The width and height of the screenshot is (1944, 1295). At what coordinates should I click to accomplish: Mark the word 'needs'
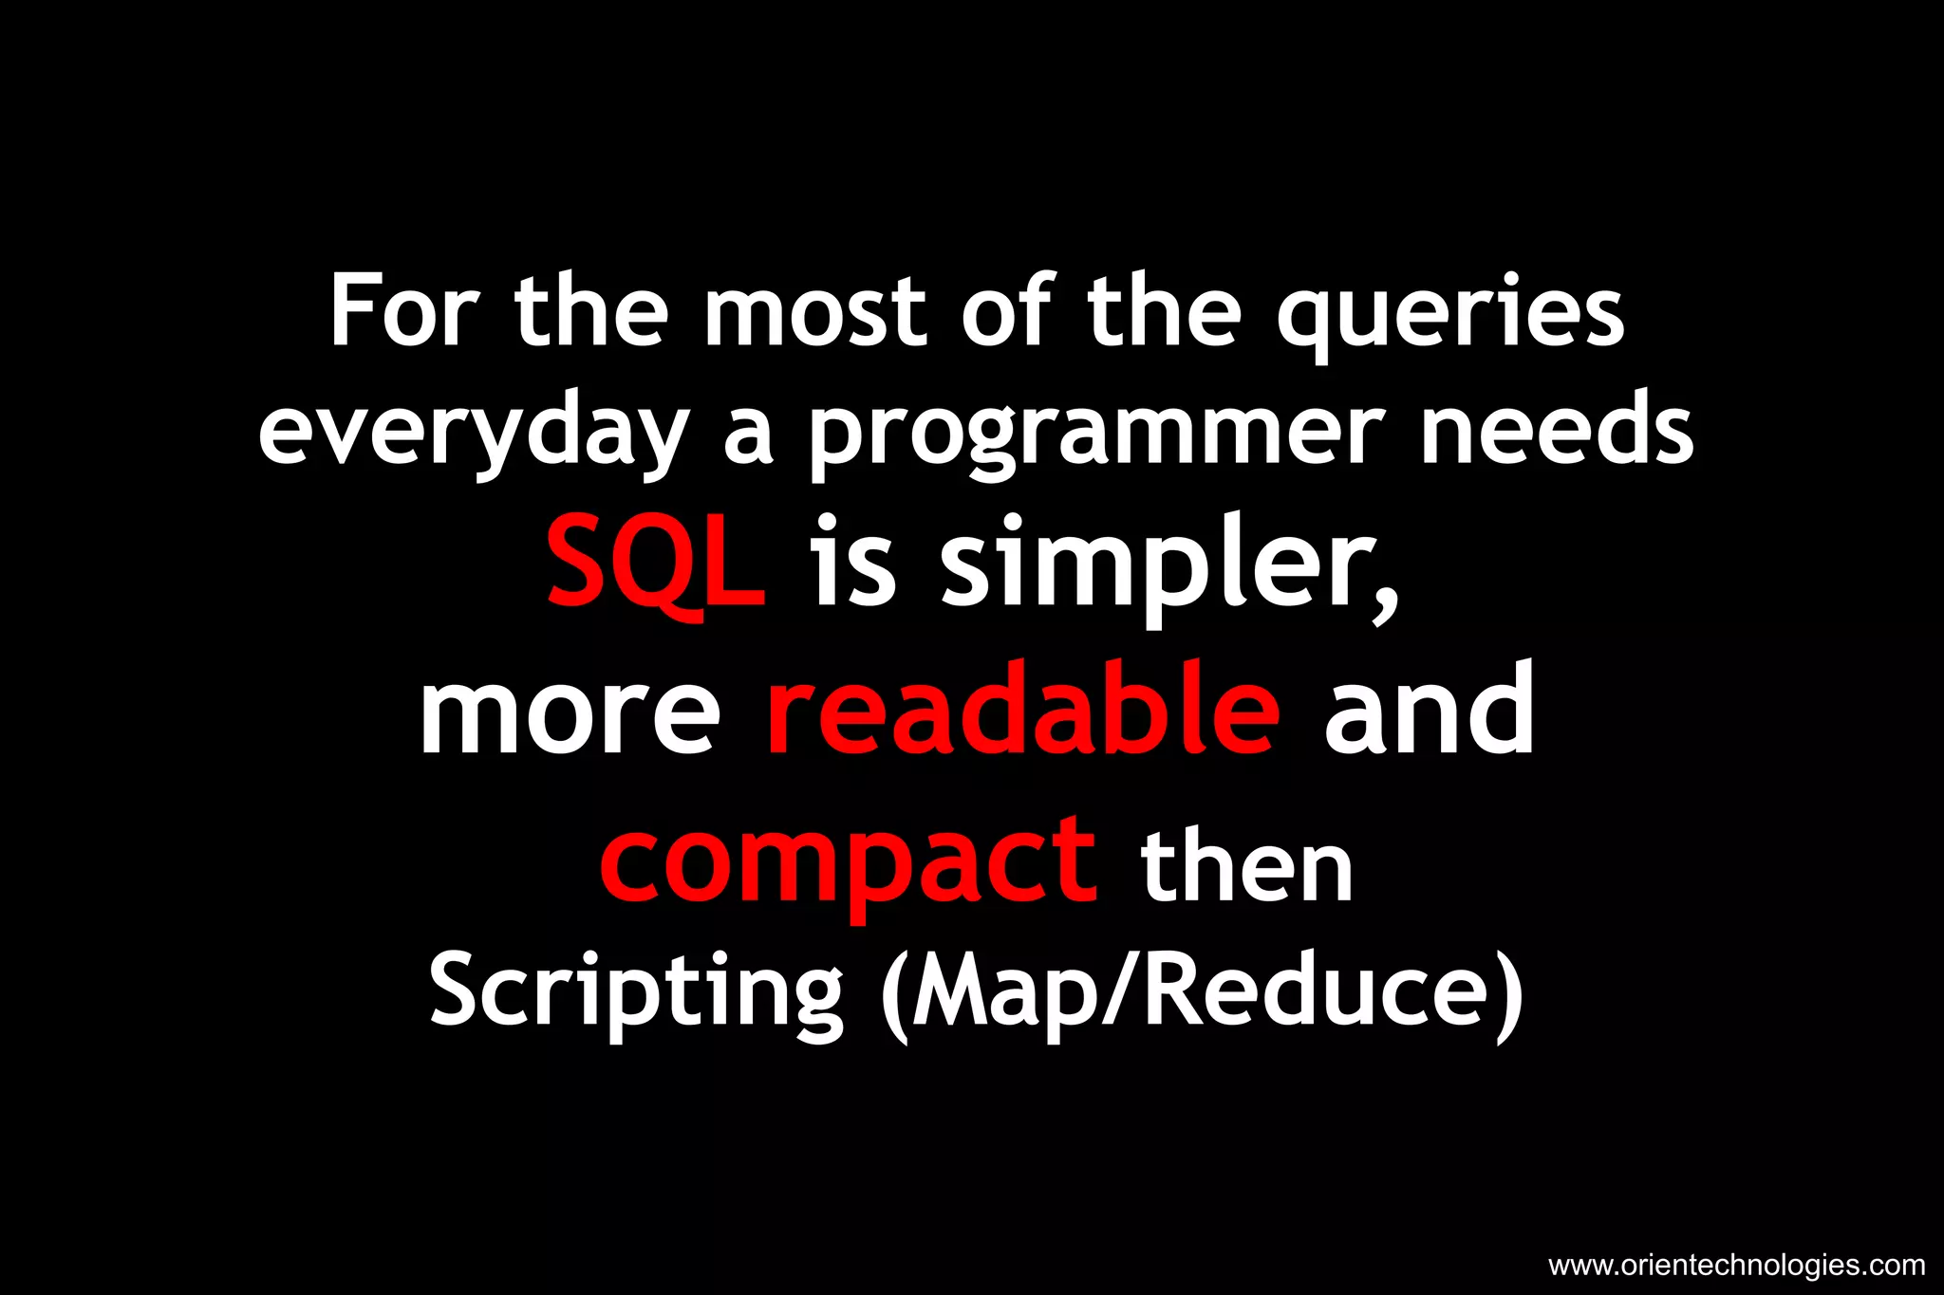click(1557, 432)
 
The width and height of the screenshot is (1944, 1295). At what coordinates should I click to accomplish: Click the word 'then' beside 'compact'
click(1247, 865)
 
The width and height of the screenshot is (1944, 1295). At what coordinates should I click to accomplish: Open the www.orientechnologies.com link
click(1736, 1265)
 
